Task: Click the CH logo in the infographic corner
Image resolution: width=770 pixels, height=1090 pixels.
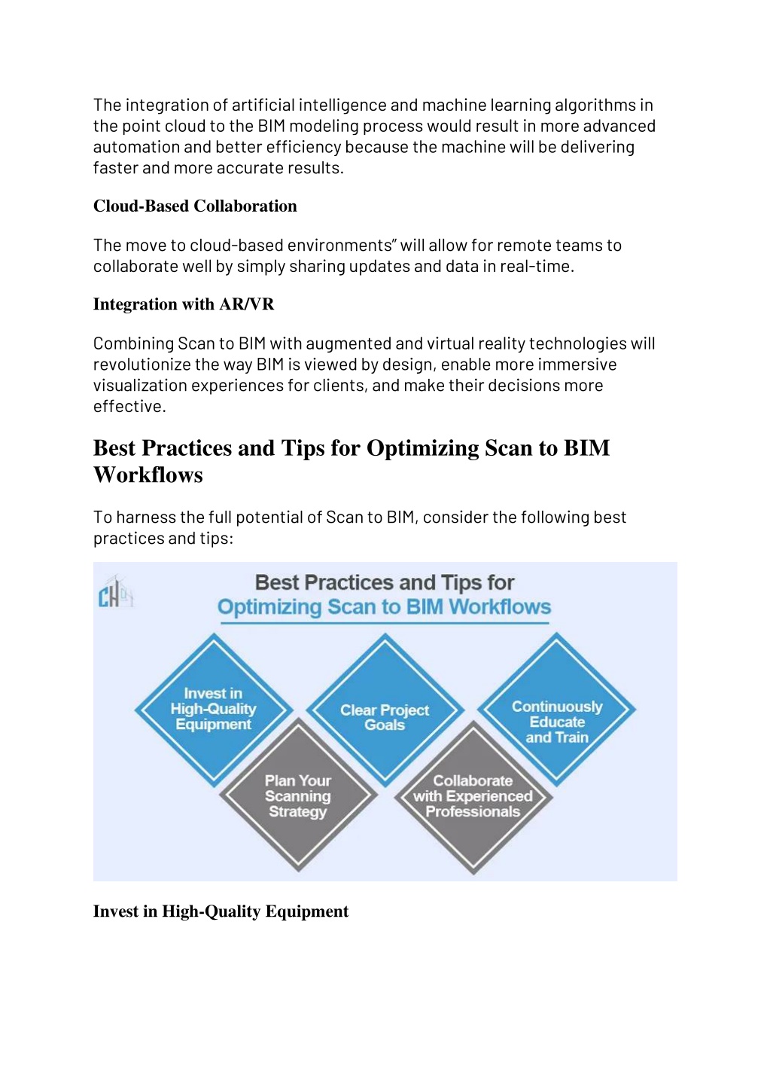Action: (x=116, y=591)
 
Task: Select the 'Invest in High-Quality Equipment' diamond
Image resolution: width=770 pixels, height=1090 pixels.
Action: (x=214, y=710)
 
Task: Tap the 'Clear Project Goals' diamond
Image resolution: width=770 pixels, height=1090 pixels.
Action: (x=385, y=710)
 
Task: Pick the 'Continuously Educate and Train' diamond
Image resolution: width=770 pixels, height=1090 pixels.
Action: (x=556, y=709)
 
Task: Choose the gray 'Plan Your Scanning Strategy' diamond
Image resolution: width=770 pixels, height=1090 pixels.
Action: (x=299, y=795)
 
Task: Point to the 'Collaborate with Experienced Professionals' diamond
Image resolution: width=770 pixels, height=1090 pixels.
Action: (x=473, y=797)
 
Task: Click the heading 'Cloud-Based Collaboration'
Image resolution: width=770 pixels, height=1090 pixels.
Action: (x=195, y=206)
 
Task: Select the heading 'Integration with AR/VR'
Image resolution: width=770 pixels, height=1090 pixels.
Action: (x=184, y=304)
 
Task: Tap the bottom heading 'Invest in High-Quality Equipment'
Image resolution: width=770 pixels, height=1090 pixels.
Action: (x=221, y=911)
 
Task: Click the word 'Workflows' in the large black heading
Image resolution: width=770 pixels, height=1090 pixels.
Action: (x=148, y=475)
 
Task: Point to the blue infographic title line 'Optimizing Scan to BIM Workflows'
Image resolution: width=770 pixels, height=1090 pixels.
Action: (x=384, y=607)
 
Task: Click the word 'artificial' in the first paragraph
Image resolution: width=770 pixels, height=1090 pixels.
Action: (x=263, y=105)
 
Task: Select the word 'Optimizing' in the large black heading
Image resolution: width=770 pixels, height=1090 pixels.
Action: (x=422, y=448)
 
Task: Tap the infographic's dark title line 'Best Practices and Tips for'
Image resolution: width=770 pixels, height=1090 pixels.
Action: (x=385, y=582)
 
